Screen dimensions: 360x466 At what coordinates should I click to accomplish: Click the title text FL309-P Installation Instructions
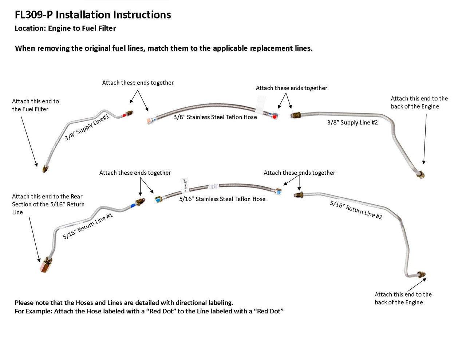pyautogui.click(x=93, y=15)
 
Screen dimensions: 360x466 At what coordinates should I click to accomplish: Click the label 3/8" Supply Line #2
pyautogui.click(x=352, y=123)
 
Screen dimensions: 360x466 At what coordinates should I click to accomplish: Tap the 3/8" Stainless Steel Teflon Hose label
pyautogui.click(x=215, y=117)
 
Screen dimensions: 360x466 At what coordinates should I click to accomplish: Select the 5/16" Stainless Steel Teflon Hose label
pyautogui.click(x=222, y=199)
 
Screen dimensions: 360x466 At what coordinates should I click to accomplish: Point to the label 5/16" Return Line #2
pyautogui.click(x=356, y=210)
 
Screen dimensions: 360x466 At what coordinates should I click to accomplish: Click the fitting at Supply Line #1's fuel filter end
pyautogui.click(x=45, y=168)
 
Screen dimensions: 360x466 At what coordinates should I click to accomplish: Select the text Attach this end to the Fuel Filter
pyautogui.click(x=35, y=105)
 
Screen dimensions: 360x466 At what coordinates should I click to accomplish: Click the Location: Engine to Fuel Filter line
pyautogui.click(x=65, y=28)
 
